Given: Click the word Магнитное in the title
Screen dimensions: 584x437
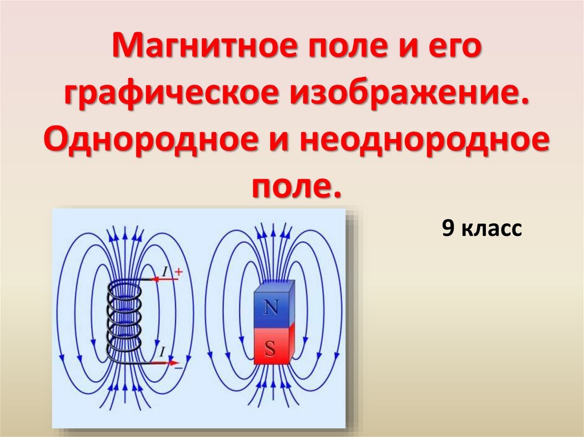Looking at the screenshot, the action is pyautogui.click(x=204, y=46).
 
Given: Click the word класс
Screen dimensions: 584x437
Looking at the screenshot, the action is pyautogui.click(x=492, y=228).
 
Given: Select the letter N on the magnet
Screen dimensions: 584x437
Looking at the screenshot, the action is pyautogui.click(x=271, y=308).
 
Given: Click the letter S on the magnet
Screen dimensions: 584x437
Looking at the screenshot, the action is pyautogui.click(x=270, y=349).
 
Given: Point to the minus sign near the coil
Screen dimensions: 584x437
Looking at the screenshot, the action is pyautogui.click(x=179, y=367).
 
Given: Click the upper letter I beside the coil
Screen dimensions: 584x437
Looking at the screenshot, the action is pyautogui.click(x=165, y=272).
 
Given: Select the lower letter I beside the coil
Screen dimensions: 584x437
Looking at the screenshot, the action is pyautogui.click(x=162, y=352).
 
